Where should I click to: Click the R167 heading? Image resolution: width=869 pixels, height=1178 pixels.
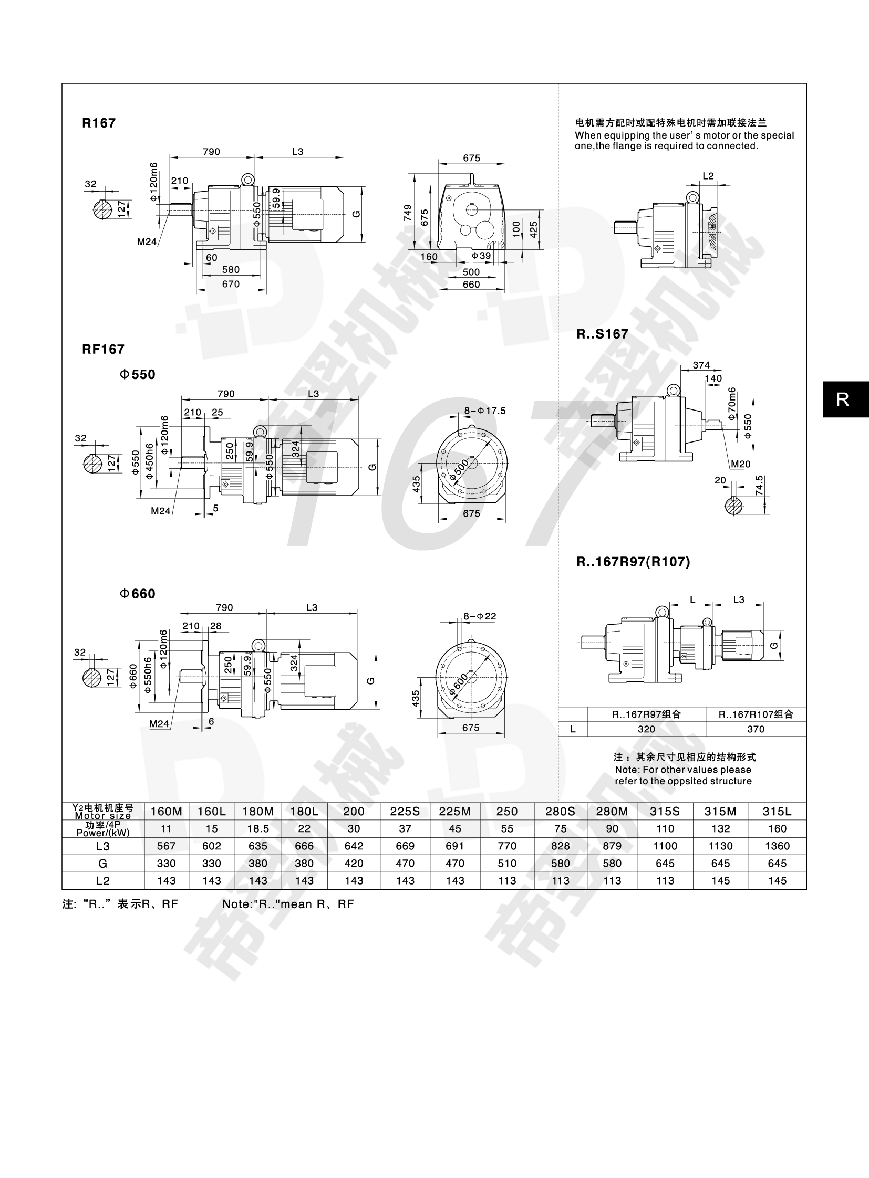pos(99,123)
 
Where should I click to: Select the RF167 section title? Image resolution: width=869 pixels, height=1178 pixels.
pos(103,349)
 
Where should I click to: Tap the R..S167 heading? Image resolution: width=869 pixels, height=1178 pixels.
pos(602,334)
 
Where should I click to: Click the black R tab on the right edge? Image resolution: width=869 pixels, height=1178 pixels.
pos(843,399)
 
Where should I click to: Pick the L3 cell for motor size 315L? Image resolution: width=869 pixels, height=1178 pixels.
pos(777,846)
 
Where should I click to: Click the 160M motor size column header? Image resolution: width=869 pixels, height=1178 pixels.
pos(166,811)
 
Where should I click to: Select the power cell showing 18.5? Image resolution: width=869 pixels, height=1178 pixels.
pos(258,828)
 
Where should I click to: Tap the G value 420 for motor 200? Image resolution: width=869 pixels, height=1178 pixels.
pos(354,863)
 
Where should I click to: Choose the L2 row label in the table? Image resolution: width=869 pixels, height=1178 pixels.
pos(103,880)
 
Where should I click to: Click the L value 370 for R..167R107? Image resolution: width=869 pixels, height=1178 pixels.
pos(756,729)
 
